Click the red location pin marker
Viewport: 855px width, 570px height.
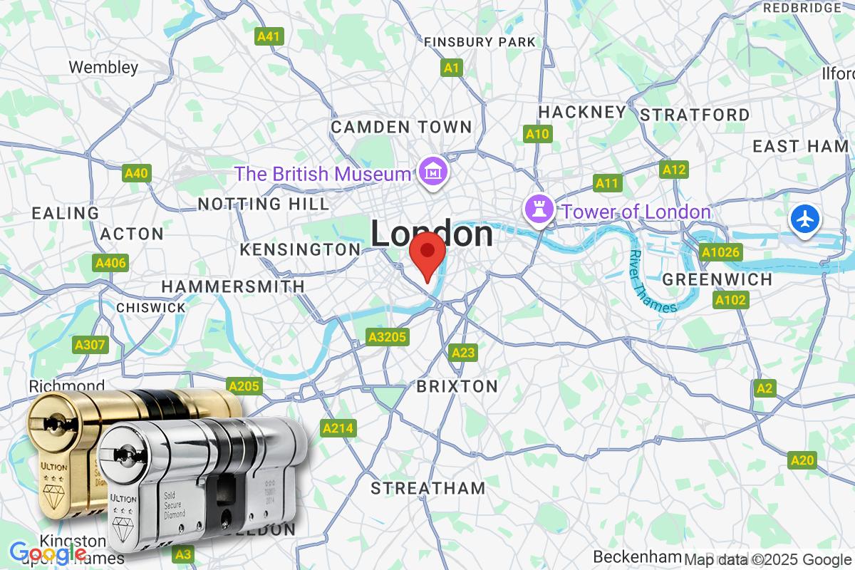pos(427,252)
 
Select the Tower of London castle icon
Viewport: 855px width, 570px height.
pos(538,210)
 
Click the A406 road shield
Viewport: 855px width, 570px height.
pos(110,264)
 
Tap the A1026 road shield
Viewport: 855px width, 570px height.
pos(721,252)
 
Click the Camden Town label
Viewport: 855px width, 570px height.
pos(402,128)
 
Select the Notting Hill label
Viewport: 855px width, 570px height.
pos(263,204)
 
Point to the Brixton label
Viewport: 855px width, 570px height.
pos(457,387)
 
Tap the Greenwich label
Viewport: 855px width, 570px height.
pos(717,279)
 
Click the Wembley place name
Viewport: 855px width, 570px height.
pos(103,68)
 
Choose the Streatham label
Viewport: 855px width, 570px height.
pos(428,489)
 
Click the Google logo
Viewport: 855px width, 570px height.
pos(47,552)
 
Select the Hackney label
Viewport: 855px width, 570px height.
pos(582,112)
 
